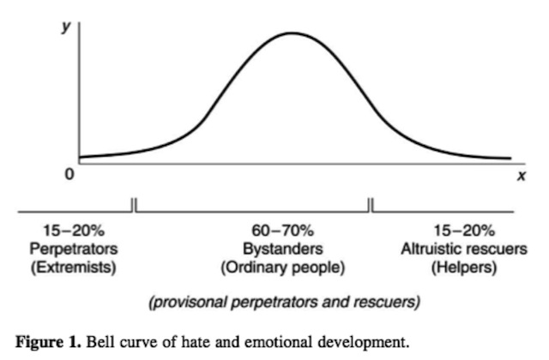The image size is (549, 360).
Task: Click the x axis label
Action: (x=520, y=176)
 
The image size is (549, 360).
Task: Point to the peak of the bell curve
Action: (x=293, y=33)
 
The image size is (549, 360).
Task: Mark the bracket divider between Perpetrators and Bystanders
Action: (x=135, y=205)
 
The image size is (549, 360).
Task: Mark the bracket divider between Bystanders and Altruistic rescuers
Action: (x=371, y=205)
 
